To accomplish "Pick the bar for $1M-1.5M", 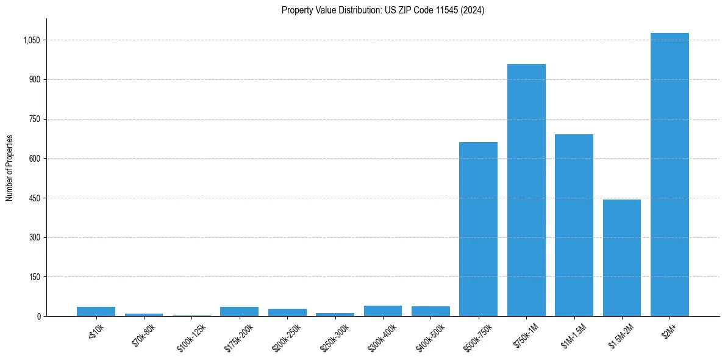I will tap(574, 225).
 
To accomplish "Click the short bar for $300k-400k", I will tap(383, 311).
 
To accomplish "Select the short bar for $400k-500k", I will tap(430, 311).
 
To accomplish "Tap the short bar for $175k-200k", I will tap(239, 312).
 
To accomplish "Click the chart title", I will tap(383, 10).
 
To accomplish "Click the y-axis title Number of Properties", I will tap(10, 168).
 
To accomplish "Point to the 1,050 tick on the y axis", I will tap(31, 40).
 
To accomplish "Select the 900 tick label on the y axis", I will tap(34, 80).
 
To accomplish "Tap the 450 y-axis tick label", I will tap(34, 198).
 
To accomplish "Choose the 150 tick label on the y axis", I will tap(34, 277).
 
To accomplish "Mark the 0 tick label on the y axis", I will tap(38, 316).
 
